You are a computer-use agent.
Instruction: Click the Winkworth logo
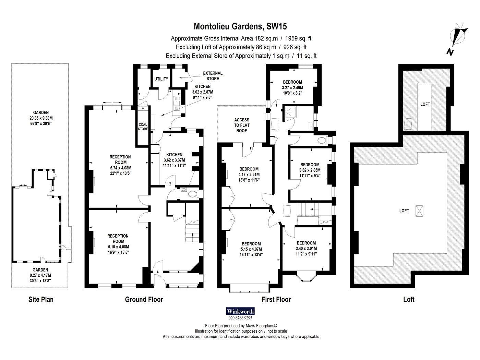point(240,311)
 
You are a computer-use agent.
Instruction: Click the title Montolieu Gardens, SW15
point(240,26)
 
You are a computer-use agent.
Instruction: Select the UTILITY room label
point(161,79)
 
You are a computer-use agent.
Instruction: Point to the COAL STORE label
point(143,127)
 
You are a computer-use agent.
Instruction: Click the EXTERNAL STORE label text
point(213,76)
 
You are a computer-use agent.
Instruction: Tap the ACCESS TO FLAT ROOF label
point(242,125)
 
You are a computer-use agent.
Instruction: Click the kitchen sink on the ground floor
point(176,106)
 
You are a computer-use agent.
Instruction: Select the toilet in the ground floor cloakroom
point(192,194)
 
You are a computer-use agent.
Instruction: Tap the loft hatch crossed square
point(419,211)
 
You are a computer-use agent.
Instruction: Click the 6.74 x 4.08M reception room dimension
point(121,168)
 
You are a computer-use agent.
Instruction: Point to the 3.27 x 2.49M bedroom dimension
point(292,88)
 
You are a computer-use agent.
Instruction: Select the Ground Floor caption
point(144,299)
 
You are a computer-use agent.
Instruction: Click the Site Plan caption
point(41,299)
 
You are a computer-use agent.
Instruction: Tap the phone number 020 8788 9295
point(240,318)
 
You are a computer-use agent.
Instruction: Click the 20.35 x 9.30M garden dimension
point(41,118)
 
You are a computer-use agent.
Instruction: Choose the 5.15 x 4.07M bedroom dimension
point(251,249)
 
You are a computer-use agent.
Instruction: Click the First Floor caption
point(276,299)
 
